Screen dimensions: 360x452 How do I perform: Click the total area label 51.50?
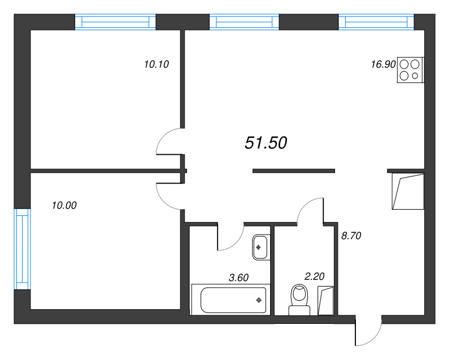click(266, 143)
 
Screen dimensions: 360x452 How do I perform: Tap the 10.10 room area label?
click(157, 64)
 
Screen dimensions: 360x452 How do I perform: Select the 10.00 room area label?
click(63, 206)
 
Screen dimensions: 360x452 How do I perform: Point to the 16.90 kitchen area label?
click(383, 64)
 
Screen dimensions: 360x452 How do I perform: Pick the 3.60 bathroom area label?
click(238, 277)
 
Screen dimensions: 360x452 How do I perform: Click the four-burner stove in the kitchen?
click(411, 71)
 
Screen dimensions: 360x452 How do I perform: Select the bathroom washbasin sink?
click(260, 247)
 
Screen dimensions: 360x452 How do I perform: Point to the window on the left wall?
click(21, 249)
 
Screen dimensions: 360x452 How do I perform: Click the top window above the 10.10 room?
click(115, 22)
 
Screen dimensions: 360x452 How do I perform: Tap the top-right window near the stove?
click(376, 22)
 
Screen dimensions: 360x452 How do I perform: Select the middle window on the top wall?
click(244, 22)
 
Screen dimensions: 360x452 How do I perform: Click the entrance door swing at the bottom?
click(368, 332)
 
